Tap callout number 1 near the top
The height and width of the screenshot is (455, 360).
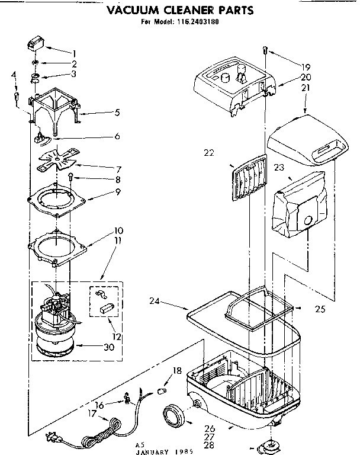74,53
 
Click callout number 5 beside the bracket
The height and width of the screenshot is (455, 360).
117,111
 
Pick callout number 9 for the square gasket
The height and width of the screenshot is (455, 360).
118,192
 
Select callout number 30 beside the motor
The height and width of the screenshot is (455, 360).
108,347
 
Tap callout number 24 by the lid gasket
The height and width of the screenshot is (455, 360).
155,302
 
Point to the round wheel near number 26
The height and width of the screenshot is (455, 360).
174,412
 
